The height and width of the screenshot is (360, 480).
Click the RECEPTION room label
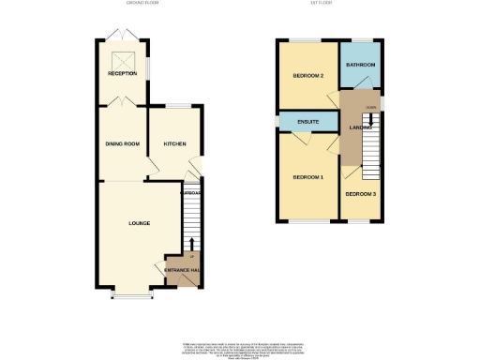122,73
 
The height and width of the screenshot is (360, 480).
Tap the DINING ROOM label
122,143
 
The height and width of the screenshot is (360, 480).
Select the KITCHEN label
175,143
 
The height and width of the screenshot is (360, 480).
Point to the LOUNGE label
140,223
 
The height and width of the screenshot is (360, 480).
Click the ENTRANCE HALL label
182,271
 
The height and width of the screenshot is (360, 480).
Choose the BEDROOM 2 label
308,75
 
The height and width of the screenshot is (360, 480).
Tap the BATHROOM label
360,65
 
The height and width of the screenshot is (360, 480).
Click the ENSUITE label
308,122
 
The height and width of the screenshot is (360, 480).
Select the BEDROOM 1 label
308,177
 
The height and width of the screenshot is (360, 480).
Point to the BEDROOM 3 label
360,194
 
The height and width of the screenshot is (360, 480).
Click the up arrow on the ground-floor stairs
191,244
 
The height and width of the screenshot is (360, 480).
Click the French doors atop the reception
121,34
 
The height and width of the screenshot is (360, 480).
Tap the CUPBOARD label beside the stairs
191,193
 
